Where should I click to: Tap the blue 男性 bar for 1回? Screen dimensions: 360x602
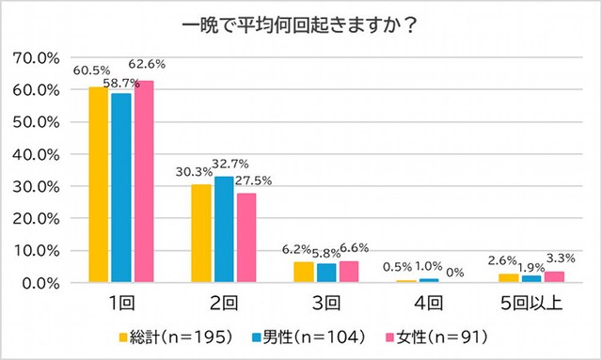(x=120, y=187)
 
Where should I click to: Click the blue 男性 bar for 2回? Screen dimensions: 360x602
(x=223, y=229)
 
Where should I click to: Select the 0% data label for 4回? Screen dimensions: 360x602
(x=455, y=273)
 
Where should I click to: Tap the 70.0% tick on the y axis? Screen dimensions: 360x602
(x=40, y=57)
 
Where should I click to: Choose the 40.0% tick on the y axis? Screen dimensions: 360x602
(x=40, y=154)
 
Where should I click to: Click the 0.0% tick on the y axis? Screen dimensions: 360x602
(x=44, y=283)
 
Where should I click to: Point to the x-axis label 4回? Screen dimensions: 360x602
(x=428, y=304)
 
